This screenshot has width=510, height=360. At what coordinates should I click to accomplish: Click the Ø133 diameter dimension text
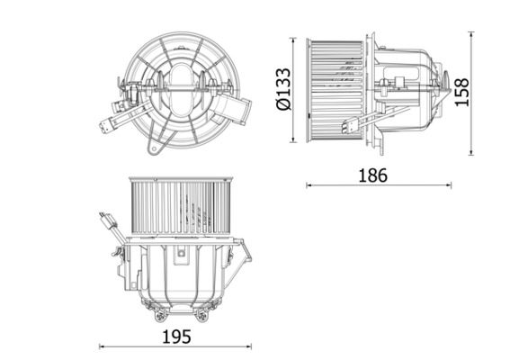coord(283,90)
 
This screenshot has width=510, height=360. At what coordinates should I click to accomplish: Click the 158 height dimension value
coord(462,92)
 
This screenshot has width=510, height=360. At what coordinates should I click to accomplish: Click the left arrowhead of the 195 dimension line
coord(100,346)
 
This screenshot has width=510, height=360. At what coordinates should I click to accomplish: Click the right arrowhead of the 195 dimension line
coord(254,346)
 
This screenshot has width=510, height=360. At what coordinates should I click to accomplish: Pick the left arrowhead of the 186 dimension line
coord(309,185)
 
